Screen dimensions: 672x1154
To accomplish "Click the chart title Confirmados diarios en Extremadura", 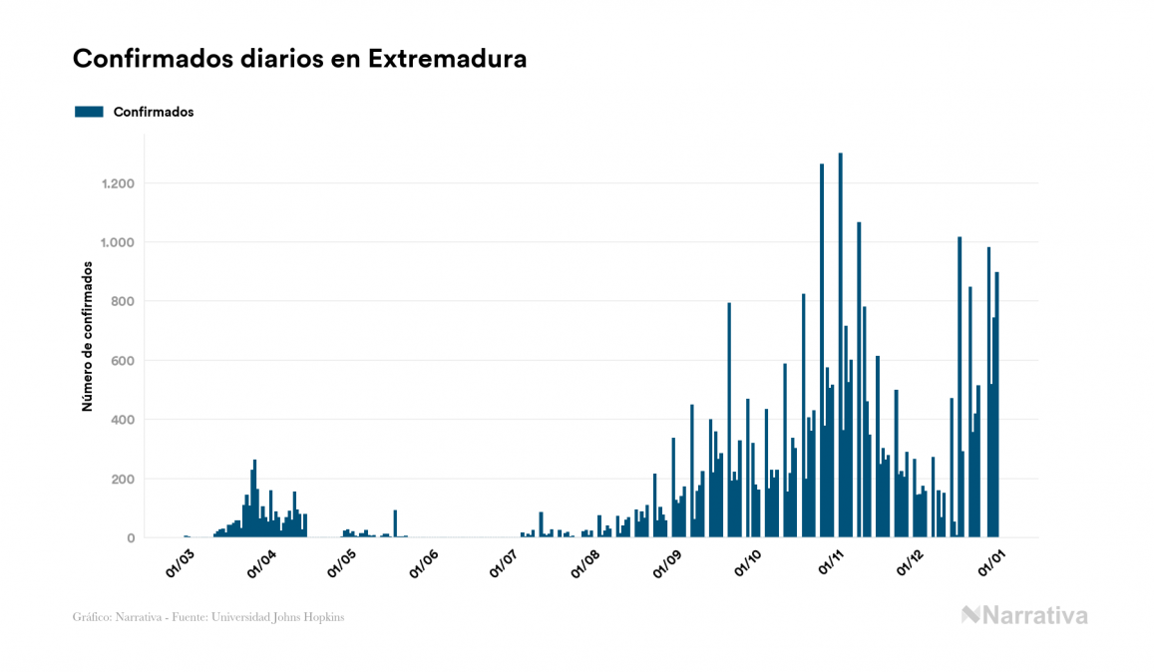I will [x=299, y=60].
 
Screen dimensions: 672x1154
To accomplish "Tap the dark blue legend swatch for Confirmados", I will [x=89, y=112].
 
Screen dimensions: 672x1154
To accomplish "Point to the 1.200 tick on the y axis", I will [x=119, y=183].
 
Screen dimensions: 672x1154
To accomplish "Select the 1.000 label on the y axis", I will [x=119, y=242].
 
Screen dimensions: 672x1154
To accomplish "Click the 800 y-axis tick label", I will [x=123, y=301].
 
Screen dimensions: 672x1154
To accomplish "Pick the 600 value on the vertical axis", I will [x=123, y=360].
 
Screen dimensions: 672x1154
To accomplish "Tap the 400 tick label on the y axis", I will [x=123, y=420].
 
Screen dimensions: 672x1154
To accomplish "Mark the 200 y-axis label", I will [x=123, y=479].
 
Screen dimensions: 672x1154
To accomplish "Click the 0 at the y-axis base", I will [x=131, y=538].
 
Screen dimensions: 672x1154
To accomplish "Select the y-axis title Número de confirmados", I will [x=87, y=337].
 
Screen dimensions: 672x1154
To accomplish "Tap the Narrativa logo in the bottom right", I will [x=1024, y=615].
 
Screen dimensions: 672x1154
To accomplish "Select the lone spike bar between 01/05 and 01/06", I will [x=395, y=524].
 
